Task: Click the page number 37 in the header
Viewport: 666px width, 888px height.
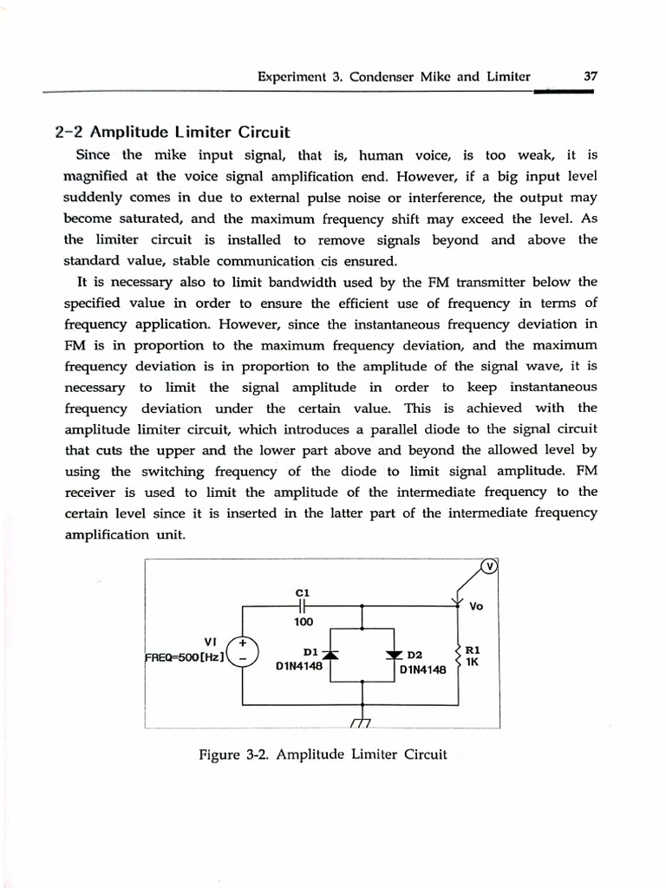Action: [591, 76]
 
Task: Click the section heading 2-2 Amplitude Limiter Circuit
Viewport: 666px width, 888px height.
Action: [172, 133]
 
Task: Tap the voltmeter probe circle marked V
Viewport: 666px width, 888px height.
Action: [489, 567]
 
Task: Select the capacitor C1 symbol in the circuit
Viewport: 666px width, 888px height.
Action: [301, 605]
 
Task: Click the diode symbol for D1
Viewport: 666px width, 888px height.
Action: [330, 653]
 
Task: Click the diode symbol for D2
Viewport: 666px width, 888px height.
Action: [396, 653]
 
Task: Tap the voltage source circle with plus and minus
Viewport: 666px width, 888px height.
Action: [243, 652]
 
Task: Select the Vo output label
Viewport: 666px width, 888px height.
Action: [476, 607]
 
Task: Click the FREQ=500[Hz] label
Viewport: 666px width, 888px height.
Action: [184, 656]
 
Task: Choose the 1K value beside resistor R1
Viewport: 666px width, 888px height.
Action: [473, 661]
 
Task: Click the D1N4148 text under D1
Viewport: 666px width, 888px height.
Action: [299, 668]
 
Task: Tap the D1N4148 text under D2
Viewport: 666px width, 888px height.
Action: [422, 670]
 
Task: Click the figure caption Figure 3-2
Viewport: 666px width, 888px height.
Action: [323, 754]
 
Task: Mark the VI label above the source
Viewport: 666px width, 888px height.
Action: [210, 642]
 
